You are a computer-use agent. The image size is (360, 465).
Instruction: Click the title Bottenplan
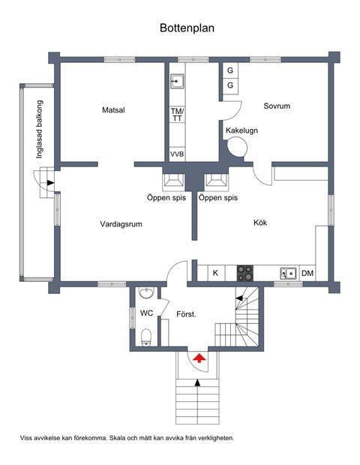tap(187, 28)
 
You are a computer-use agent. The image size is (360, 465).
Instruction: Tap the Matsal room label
tap(113, 110)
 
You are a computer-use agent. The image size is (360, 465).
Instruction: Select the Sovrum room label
tap(277, 106)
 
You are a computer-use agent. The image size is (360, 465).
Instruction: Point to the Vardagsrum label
tap(121, 223)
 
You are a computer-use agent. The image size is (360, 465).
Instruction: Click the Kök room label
tap(260, 223)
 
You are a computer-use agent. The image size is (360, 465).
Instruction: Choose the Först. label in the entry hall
tap(186, 313)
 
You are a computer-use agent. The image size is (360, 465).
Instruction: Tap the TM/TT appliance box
tap(177, 115)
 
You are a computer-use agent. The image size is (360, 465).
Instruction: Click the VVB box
tap(177, 154)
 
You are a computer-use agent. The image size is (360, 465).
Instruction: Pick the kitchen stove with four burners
tap(245, 272)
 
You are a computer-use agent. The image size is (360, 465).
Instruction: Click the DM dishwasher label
tap(307, 273)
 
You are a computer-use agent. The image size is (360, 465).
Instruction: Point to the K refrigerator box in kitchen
tap(215, 273)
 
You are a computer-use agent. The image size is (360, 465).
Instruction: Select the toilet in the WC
tap(147, 335)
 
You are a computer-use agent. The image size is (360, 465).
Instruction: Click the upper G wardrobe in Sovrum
tap(230, 71)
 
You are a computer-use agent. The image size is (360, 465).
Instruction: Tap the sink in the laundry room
tap(178, 81)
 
